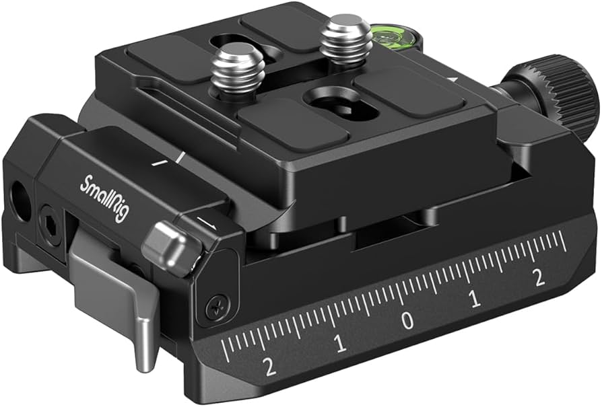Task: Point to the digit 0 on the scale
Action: coord(407,321)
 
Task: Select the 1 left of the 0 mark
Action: coord(341,344)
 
